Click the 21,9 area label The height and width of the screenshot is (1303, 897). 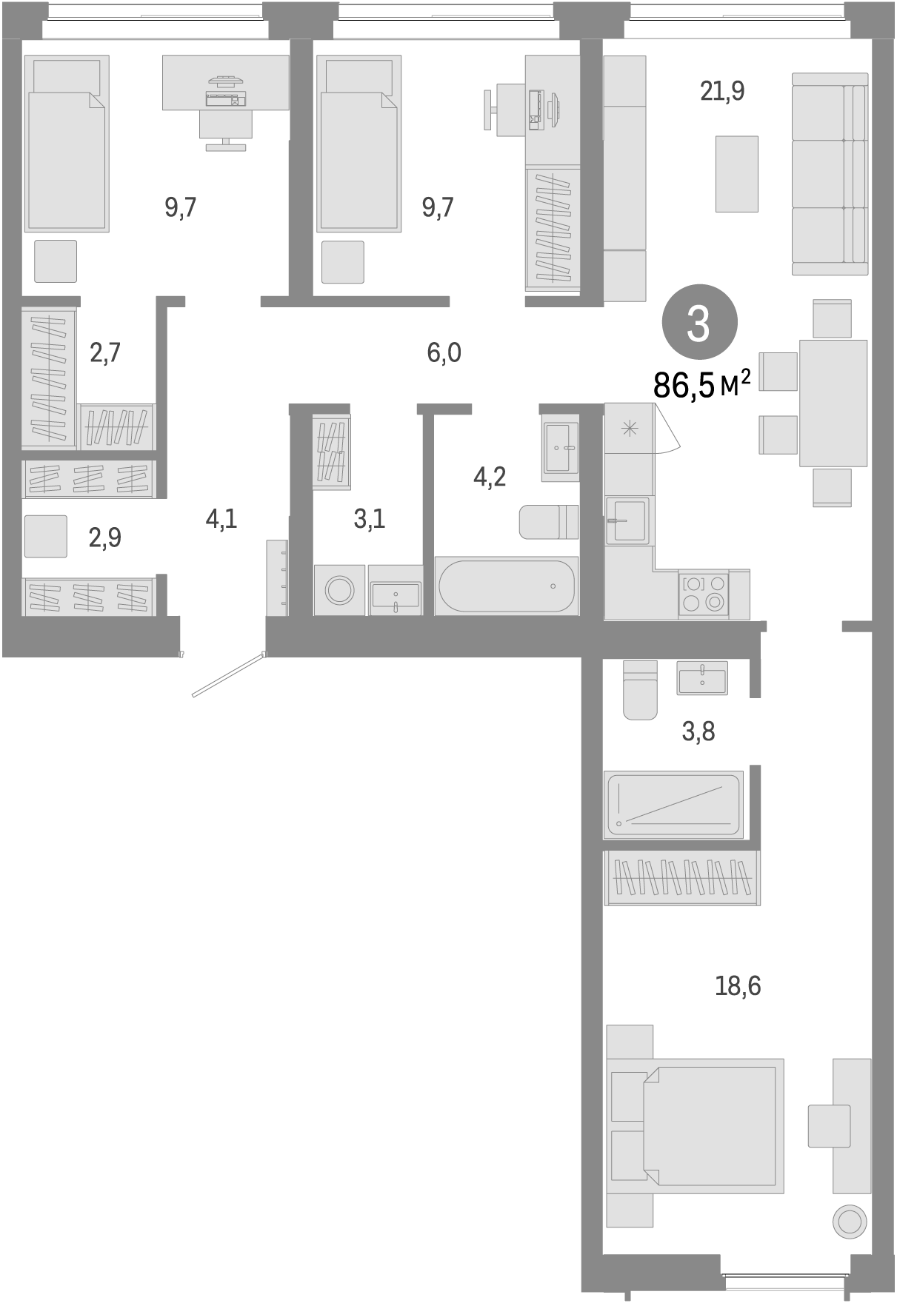click(x=722, y=91)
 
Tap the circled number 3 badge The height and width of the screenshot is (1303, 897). click(x=699, y=323)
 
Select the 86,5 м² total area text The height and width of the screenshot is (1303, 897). click(x=701, y=384)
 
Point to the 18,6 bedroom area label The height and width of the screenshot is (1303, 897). click(x=738, y=985)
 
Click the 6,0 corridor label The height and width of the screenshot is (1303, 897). click(x=444, y=352)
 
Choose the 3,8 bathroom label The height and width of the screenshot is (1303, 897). click(x=698, y=731)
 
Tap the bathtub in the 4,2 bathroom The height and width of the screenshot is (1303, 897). click(x=506, y=586)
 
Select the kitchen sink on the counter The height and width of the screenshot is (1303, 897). click(x=627, y=520)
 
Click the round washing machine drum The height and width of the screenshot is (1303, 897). click(x=340, y=590)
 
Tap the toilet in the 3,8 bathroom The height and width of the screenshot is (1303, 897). click(x=640, y=690)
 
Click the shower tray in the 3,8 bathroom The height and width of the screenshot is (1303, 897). click(x=673, y=805)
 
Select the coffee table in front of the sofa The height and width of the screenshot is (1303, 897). click(x=736, y=174)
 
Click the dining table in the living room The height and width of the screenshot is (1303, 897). click(x=833, y=403)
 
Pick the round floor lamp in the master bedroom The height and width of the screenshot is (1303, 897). click(x=849, y=1222)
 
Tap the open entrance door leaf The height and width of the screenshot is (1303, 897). click(x=228, y=674)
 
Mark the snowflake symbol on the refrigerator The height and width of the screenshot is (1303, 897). click(x=629, y=428)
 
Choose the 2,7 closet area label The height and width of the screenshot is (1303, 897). click(x=105, y=352)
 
